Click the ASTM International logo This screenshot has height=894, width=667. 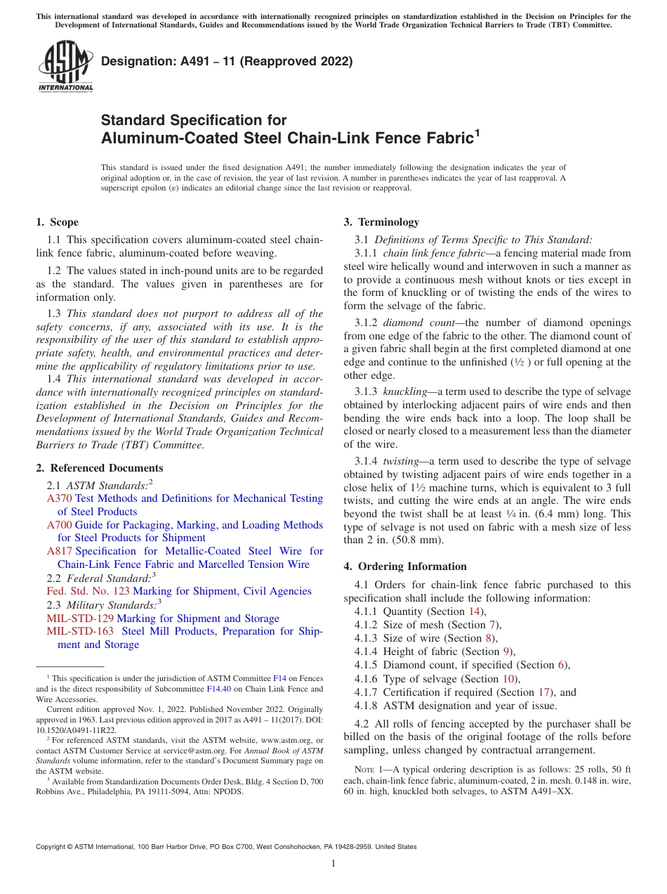pyautogui.click(x=65, y=66)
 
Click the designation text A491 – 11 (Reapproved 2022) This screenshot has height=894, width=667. pyautogui.click(x=227, y=62)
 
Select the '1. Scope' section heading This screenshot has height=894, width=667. pyautogui.click(x=57, y=222)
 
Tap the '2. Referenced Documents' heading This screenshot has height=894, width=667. pyautogui.click(x=100, y=468)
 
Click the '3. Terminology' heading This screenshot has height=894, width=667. pyautogui.click(x=381, y=222)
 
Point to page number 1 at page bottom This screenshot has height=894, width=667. pyautogui.click(x=333, y=864)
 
